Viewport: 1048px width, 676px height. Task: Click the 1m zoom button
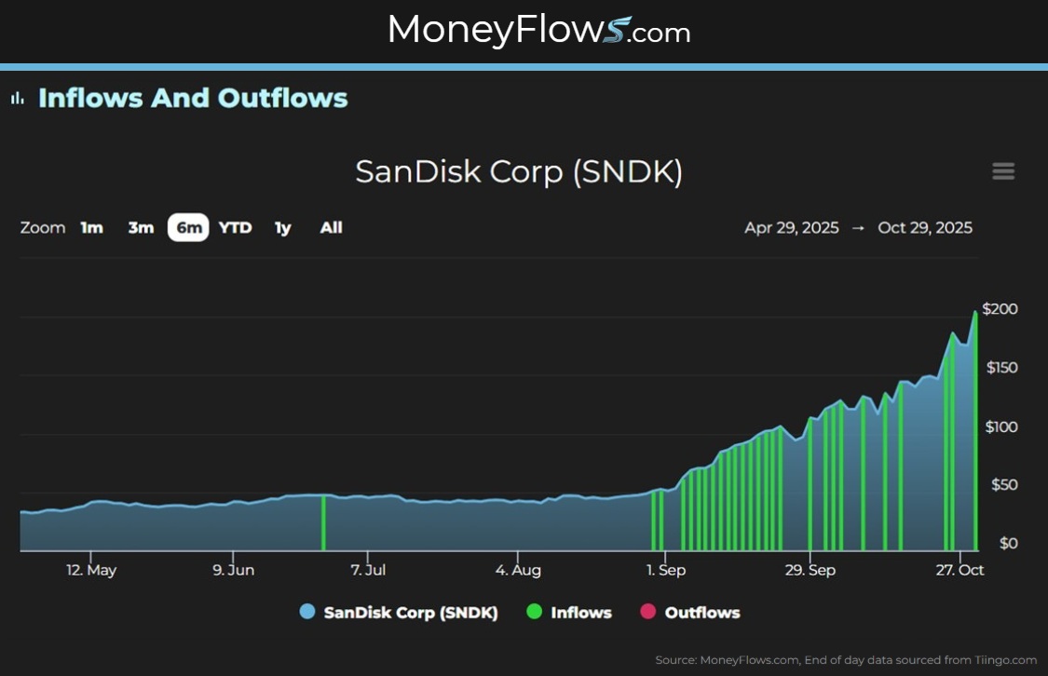(x=91, y=227)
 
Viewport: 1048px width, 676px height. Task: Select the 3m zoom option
(x=141, y=227)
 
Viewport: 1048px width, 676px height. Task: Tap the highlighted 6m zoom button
(x=189, y=227)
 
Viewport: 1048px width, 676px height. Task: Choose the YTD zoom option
(x=235, y=227)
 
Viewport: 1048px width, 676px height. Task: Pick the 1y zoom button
(x=282, y=227)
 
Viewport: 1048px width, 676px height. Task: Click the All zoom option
(x=331, y=227)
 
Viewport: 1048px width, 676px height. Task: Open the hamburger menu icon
(x=1003, y=171)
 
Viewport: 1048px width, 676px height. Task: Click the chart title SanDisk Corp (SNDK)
(x=519, y=172)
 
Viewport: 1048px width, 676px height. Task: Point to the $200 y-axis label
(x=1000, y=309)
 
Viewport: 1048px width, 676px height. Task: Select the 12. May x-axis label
(x=91, y=570)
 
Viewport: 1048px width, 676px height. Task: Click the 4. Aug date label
(x=518, y=570)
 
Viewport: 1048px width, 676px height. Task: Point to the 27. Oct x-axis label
(x=960, y=570)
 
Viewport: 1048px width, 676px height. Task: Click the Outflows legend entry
(x=701, y=613)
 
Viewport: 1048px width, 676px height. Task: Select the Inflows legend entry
(x=580, y=613)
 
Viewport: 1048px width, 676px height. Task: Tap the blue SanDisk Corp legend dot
(x=307, y=613)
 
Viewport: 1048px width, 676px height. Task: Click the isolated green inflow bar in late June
(x=323, y=523)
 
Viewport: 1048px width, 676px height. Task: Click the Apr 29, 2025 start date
(x=791, y=227)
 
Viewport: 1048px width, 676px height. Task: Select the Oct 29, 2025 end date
(x=925, y=227)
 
